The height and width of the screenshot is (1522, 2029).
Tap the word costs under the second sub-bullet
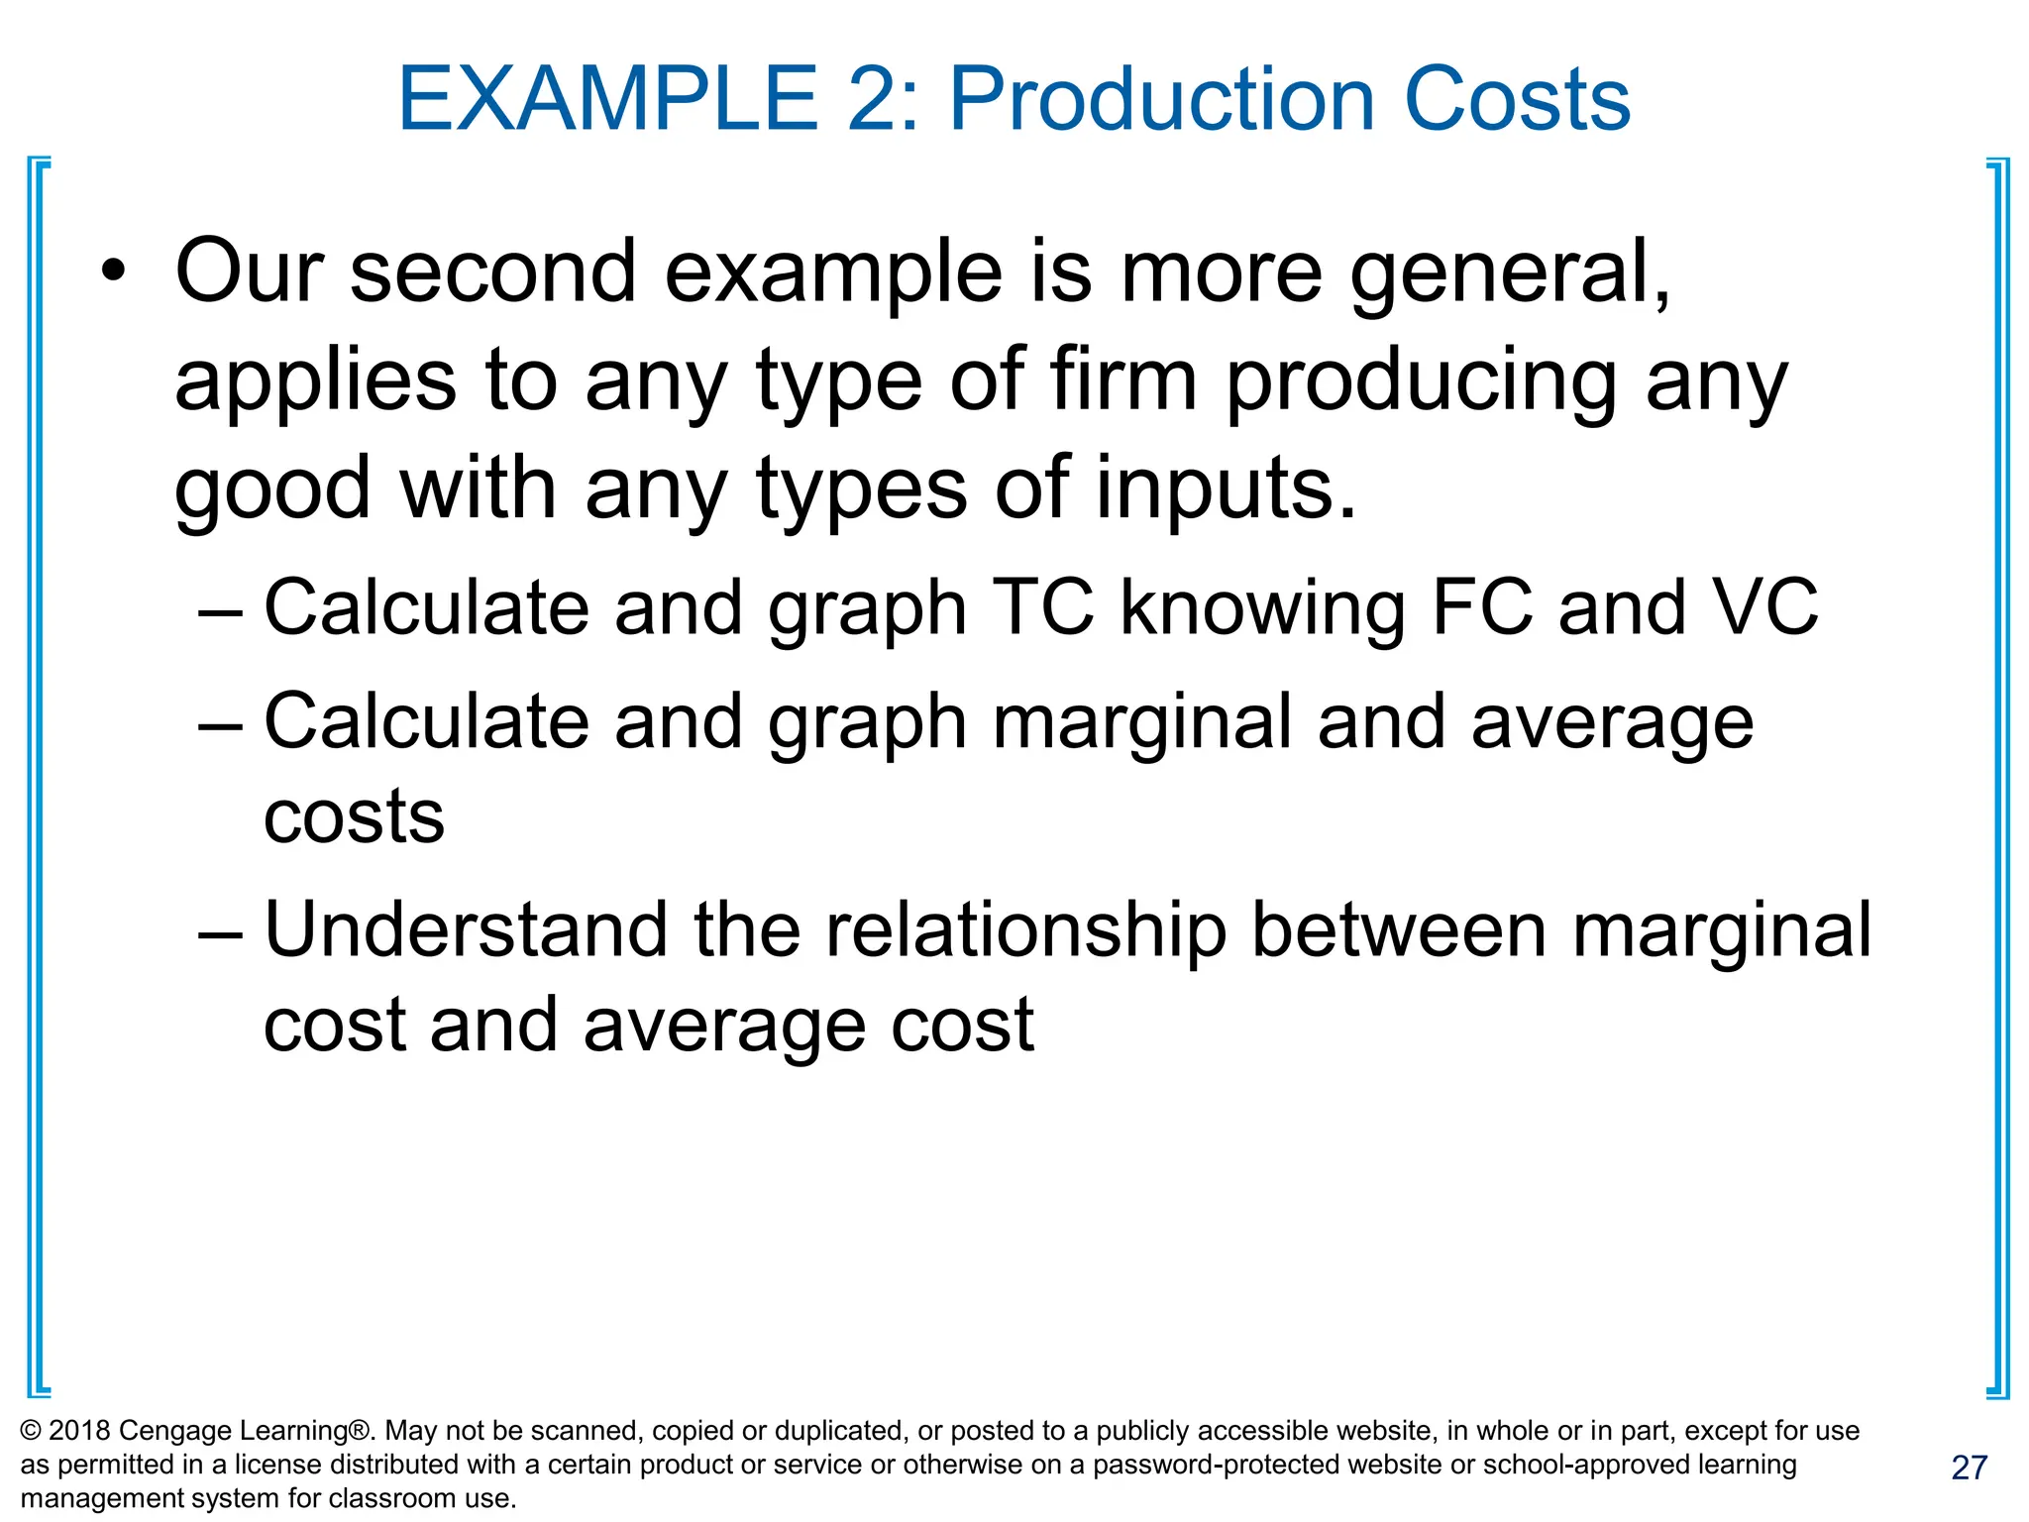point(354,816)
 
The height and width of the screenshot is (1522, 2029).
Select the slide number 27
point(1969,1468)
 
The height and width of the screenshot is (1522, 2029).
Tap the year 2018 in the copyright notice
point(78,1431)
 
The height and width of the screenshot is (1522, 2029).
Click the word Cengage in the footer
point(174,1432)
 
